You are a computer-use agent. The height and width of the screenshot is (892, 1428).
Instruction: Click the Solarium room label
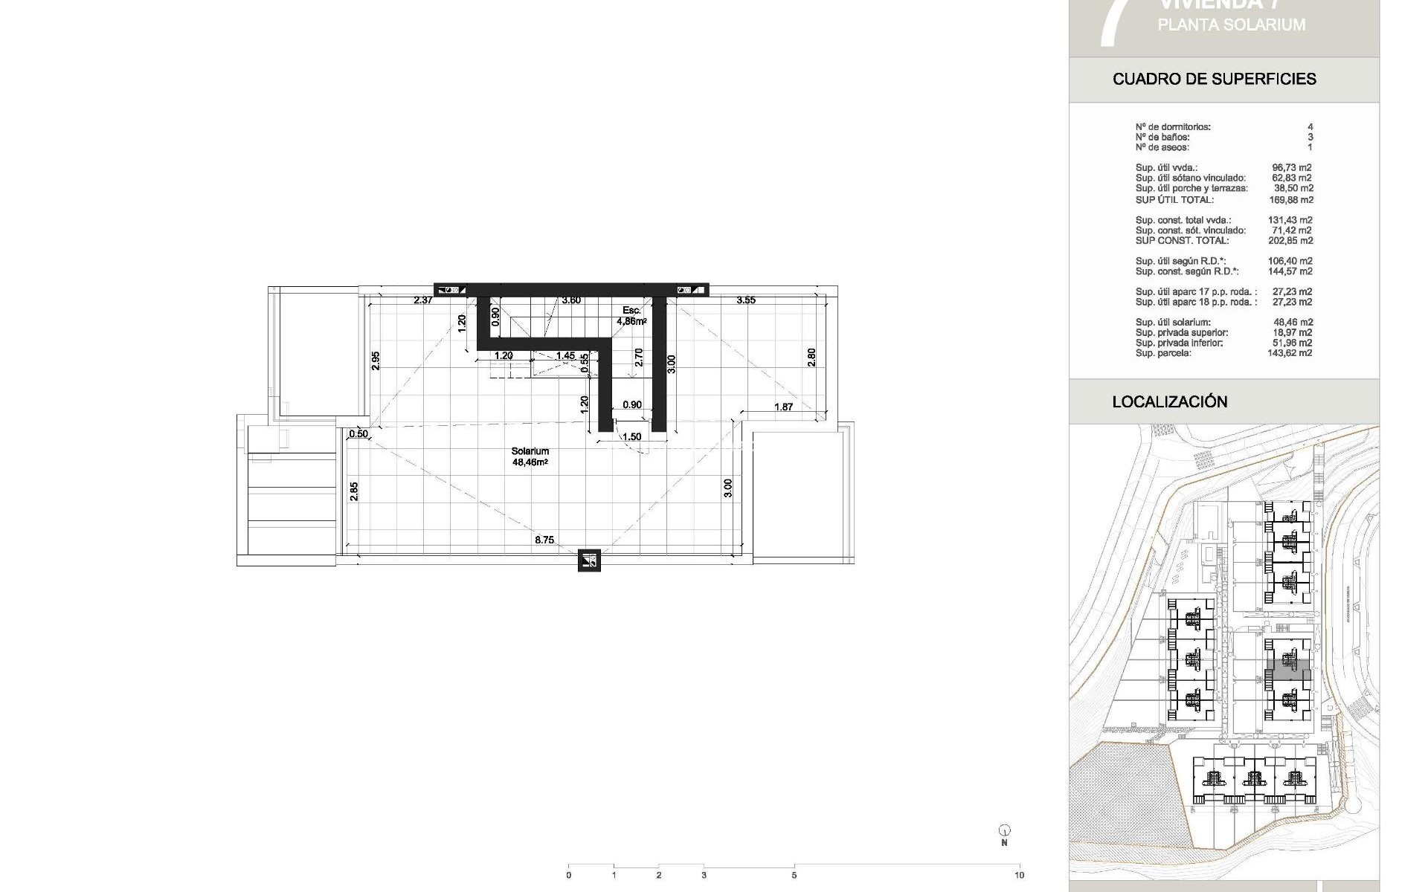click(x=530, y=451)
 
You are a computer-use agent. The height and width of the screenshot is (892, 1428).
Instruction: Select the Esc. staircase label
click(x=631, y=311)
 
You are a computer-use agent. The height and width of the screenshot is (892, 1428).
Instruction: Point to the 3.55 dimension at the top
click(x=746, y=300)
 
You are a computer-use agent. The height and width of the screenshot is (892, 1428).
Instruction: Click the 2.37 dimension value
click(x=423, y=300)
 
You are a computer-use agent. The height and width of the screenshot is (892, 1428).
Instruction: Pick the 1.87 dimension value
click(x=783, y=407)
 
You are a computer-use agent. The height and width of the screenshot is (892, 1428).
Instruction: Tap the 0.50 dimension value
click(x=358, y=434)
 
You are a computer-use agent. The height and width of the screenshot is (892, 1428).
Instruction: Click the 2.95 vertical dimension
click(x=376, y=361)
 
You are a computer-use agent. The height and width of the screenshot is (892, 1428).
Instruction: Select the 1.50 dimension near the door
click(x=631, y=437)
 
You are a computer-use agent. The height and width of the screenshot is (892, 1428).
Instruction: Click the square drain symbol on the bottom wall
click(x=589, y=560)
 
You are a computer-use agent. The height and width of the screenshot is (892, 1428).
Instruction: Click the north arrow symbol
click(x=1005, y=831)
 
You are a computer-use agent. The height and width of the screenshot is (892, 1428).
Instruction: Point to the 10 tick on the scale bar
click(x=1019, y=875)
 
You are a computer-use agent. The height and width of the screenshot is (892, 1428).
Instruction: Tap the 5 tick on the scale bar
click(x=794, y=875)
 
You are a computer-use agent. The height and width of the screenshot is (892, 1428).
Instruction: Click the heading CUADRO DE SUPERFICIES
click(x=1215, y=79)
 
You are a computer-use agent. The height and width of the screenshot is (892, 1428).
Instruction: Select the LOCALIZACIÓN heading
click(x=1170, y=401)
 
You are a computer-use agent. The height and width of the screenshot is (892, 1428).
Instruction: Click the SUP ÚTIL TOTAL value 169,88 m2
click(x=1290, y=200)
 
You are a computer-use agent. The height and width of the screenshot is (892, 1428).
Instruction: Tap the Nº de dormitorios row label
click(x=1173, y=127)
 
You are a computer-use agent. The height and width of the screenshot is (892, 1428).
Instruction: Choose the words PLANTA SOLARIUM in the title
click(x=1231, y=25)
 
